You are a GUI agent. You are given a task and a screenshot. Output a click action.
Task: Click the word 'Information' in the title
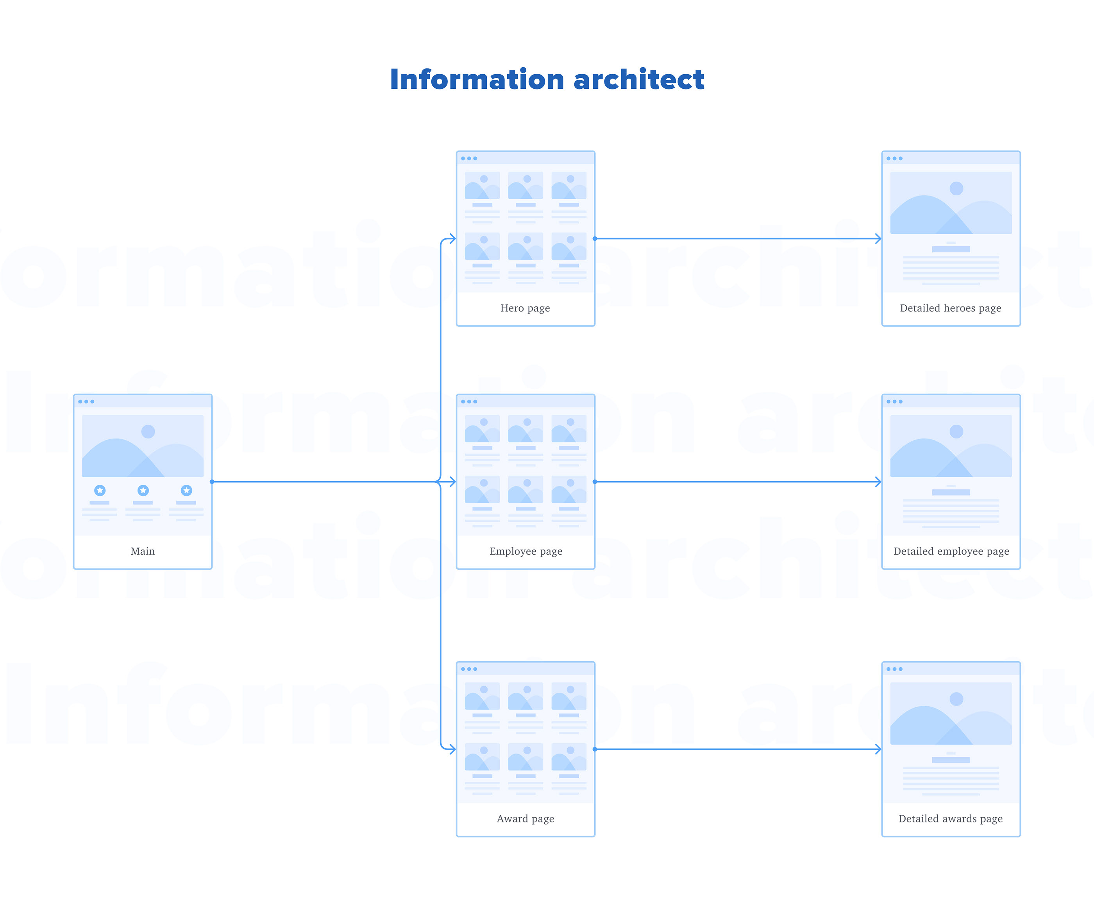pyautogui.click(x=477, y=80)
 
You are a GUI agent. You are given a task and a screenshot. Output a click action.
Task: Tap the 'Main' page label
pyautogui.click(x=143, y=551)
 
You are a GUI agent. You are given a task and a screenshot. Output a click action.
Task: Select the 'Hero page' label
pyautogui.click(x=525, y=308)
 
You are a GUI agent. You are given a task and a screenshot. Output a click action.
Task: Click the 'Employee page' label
pyautogui.click(x=526, y=552)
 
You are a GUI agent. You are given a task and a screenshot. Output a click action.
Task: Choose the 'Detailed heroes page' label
pyautogui.click(x=951, y=308)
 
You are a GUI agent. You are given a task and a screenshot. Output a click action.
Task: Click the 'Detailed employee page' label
pyautogui.click(x=951, y=552)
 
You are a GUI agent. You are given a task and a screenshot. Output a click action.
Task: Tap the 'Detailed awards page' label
pyautogui.click(x=951, y=819)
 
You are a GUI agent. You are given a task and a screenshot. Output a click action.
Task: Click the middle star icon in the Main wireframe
pyautogui.click(x=143, y=490)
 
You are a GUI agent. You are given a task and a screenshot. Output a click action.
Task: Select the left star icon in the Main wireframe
pyautogui.click(x=100, y=490)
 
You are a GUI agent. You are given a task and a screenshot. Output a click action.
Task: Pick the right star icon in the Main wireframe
pyautogui.click(x=186, y=490)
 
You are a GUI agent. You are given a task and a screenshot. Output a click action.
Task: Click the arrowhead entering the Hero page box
pyautogui.click(x=452, y=239)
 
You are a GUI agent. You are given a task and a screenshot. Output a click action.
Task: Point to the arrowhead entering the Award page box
pyautogui.click(x=452, y=749)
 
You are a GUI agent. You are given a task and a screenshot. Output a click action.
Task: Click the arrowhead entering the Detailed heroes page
pyautogui.click(x=878, y=239)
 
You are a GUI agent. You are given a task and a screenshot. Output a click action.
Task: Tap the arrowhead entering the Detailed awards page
pyautogui.click(x=878, y=749)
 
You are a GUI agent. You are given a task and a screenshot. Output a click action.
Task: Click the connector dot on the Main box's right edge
pyautogui.click(x=212, y=482)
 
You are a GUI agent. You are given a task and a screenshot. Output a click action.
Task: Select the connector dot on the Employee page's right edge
pyautogui.click(x=595, y=482)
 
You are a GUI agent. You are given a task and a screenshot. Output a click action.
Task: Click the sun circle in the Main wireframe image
pyautogui.click(x=148, y=432)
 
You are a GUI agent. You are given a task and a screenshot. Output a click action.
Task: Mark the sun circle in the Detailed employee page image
pyautogui.click(x=956, y=432)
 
